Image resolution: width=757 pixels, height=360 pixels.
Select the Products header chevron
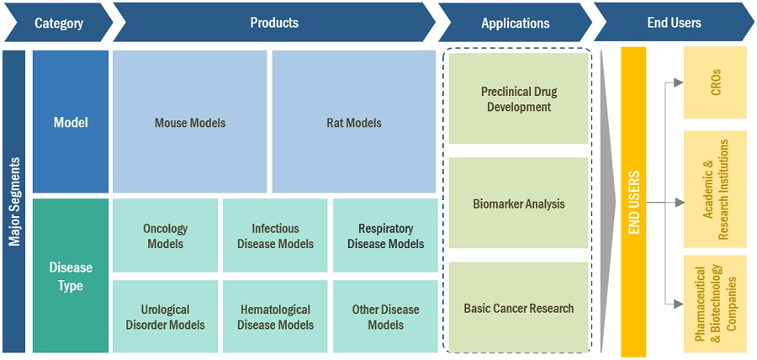click(274, 23)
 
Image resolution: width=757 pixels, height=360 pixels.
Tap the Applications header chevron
click(515, 23)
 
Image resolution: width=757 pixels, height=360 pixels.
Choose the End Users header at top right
click(673, 23)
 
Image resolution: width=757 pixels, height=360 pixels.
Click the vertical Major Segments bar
click(13, 201)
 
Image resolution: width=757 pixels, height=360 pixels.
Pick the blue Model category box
click(71, 122)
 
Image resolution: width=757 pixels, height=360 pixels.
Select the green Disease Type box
click(71, 276)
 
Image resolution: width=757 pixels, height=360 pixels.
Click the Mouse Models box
click(190, 122)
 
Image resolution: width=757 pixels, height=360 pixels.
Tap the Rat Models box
click(353, 122)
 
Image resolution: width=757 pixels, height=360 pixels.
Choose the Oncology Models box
click(166, 236)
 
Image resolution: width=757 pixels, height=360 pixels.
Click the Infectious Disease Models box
click(275, 236)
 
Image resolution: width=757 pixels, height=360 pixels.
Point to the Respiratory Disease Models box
click(385, 236)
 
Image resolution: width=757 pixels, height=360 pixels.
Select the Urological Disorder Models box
click(166, 317)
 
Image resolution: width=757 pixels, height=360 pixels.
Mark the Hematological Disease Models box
click(275, 317)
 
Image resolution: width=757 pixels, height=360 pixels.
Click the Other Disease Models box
click(385, 317)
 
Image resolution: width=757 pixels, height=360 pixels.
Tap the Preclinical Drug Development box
click(518, 99)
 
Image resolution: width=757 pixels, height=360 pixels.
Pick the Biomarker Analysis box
click(518, 204)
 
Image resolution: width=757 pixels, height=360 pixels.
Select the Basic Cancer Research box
click(518, 308)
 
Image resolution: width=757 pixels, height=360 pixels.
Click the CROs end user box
click(715, 82)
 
